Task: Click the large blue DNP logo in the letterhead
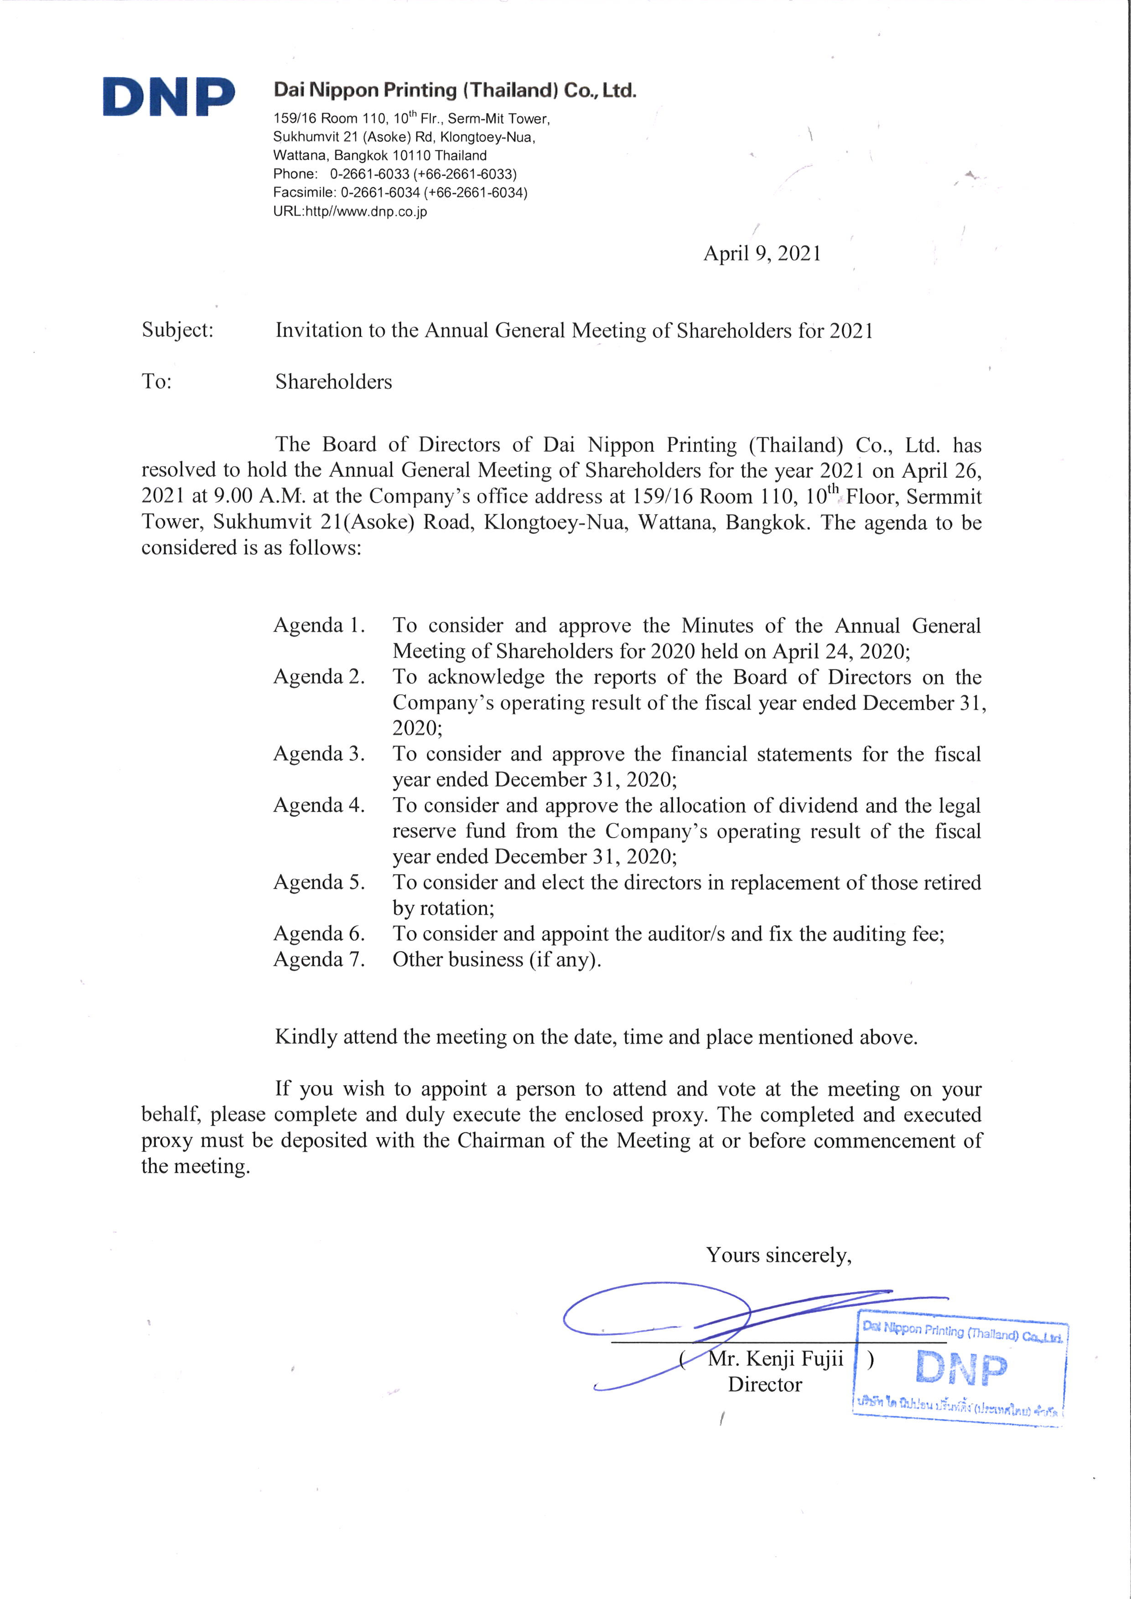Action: (x=169, y=96)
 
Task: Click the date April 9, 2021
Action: (x=762, y=254)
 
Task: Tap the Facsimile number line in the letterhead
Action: (x=400, y=193)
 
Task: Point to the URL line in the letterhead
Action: (x=350, y=212)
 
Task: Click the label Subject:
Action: (x=177, y=330)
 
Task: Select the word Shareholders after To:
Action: (x=333, y=382)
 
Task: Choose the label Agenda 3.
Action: (x=318, y=754)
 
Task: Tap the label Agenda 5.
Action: (x=318, y=882)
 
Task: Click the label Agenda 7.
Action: (x=318, y=960)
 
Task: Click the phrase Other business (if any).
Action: (x=497, y=960)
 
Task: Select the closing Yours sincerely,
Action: (x=778, y=1255)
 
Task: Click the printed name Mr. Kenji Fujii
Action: (x=775, y=1359)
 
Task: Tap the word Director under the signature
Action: (x=765, y=1385)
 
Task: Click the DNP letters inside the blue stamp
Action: (x=961, y=1368)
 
